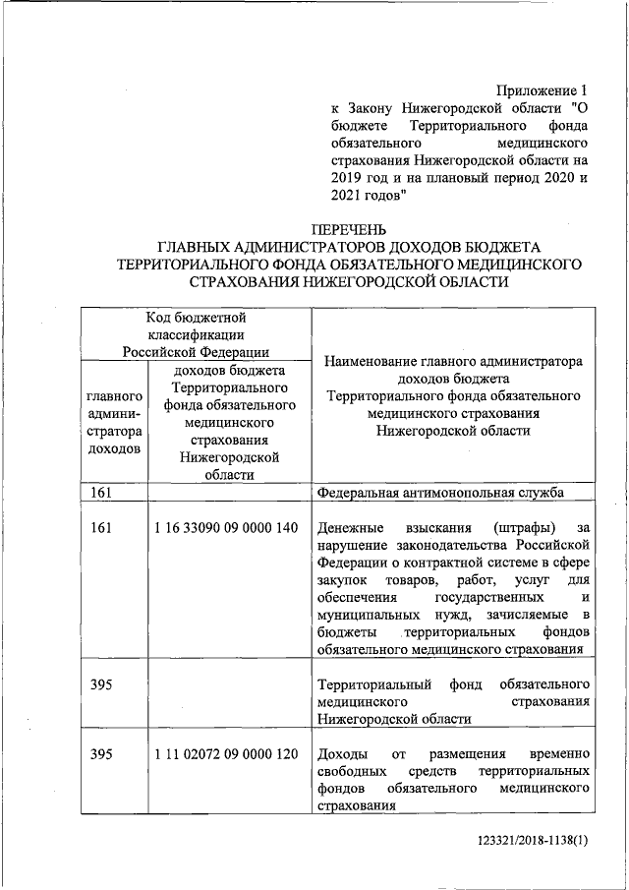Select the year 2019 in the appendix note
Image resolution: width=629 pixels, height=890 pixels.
pyautogui.click(x=349, y=178)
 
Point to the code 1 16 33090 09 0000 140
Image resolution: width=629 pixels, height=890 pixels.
pyautogui.click(x=225, y=527)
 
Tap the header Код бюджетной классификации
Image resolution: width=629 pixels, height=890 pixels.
pyautogui.click(x=196, y=334)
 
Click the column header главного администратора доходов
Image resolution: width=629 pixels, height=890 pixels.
pyautogui.click(x=114, y=422)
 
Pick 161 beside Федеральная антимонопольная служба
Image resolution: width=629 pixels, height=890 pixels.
pyautogui.click(x=101, y=492)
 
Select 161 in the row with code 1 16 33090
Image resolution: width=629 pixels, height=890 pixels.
pyautogui.click(x=101, y=527)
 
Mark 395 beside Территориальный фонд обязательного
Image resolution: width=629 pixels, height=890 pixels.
pyautogui.click(x=101, y=683)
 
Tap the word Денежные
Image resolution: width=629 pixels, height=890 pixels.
pyautogui.click(x=349, y=527)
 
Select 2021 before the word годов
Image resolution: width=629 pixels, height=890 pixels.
pyautogui.click(x=349, y=196)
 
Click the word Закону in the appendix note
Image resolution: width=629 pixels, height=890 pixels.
pyautogui.click(x=372, y=107)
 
